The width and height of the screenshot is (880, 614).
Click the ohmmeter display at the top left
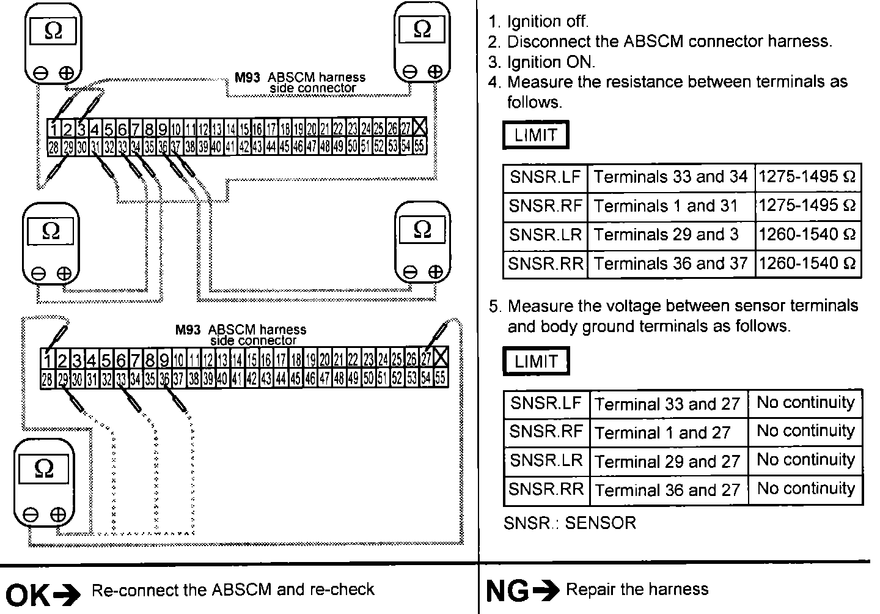[x=54, y=31]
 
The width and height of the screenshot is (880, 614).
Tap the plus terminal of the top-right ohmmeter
[x=435, y=72]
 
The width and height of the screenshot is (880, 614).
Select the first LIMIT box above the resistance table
[x=535, y=135]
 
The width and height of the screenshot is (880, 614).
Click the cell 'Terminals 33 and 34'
[x=670, y=177]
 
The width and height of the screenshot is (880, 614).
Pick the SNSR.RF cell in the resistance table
[x=545, y=205]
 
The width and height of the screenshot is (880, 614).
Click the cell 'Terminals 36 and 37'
[x=670, y=264]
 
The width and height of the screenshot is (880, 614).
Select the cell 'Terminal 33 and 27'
[x=667, y=404]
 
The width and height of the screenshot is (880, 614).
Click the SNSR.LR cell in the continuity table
[x=546, y=460]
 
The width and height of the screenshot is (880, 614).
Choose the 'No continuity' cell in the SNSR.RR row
[x=805, y=489]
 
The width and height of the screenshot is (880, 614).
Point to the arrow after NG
[x=546, y=590]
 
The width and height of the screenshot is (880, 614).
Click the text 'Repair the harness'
[x=637, y=590]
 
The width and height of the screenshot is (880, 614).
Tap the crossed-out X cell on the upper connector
[x=419, y=128]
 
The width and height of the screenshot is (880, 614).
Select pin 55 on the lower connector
[x=440, y=379]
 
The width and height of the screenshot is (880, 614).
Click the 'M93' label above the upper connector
[x=248, y=78]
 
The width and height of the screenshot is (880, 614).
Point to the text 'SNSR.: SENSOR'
[x=570, y=523]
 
